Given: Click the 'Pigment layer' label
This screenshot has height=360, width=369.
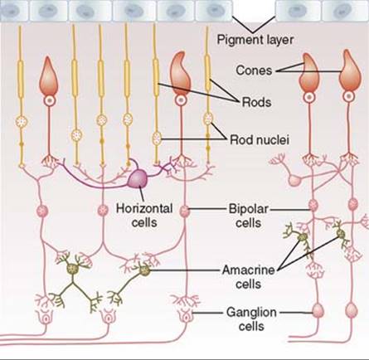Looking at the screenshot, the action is click(x=255, y=40).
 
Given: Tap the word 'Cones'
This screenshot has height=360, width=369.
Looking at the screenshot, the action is click(x=254, y=71).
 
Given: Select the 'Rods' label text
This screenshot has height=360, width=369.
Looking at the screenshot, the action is click(x=256, y=102).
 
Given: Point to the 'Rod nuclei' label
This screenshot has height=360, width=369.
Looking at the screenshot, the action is click(x=260, y=140).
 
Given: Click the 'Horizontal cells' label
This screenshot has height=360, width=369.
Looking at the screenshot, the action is click(x=144, y=216).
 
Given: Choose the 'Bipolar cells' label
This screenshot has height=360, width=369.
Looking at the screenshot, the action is click(x=249, y=216).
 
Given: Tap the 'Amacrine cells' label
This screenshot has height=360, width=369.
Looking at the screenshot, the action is click(x=249, y=277).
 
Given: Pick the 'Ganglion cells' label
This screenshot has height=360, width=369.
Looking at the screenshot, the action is click(x=251, y=319).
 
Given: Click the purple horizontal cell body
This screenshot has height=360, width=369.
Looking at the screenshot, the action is click(x=138, y=178).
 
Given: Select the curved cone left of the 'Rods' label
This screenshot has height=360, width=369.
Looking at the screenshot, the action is click(x=180, y=74).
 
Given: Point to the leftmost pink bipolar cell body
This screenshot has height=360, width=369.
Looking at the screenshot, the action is click(x=42, y=211).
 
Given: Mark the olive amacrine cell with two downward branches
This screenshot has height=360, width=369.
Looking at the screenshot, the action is click(x=72, y=268).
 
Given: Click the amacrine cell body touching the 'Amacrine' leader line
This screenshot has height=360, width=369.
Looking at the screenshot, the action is click(x=144, y=270).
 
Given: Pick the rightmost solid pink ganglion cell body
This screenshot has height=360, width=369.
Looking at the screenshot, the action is click(x=352, y=309).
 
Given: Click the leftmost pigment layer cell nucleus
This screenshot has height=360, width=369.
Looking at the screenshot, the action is click(x=12, y=11).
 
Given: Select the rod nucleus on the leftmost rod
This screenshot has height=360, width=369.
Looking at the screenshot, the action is click(x=21, y=122).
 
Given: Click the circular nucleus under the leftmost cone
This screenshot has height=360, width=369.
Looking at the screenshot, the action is click(x=50, y=101).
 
